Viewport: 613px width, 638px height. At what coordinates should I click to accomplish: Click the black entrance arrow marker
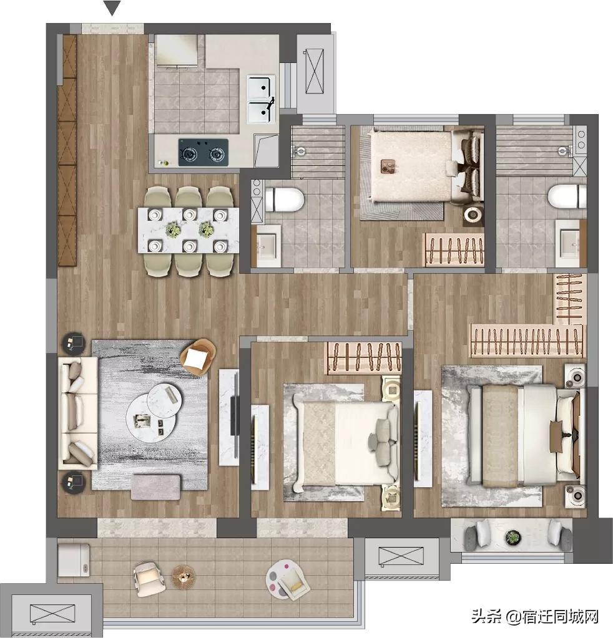[x=112, y=8]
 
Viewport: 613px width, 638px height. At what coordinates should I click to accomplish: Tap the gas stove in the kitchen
[x=203, y=152]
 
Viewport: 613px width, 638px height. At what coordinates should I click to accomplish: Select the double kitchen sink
[x=260, y=100]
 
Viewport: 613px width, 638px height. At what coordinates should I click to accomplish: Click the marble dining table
[x=188, y=230]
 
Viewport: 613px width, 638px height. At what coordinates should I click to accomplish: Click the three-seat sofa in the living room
[x=77, y=413]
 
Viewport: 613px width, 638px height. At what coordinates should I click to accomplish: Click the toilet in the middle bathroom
[x=285, y=200]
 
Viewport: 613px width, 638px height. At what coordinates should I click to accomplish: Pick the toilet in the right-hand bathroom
[x=567, y=197]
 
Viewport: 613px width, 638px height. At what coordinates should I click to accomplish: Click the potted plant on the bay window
[x=513, y=536]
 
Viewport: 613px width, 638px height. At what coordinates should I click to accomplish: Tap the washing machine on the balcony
[x=74, y=559]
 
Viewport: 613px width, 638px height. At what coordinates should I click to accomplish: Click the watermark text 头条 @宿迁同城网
[x=534, y=617]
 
